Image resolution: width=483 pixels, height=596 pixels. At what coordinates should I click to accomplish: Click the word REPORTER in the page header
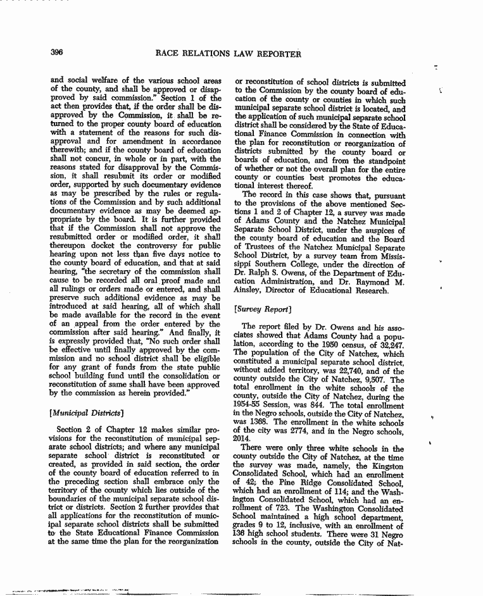pos(277,54)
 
